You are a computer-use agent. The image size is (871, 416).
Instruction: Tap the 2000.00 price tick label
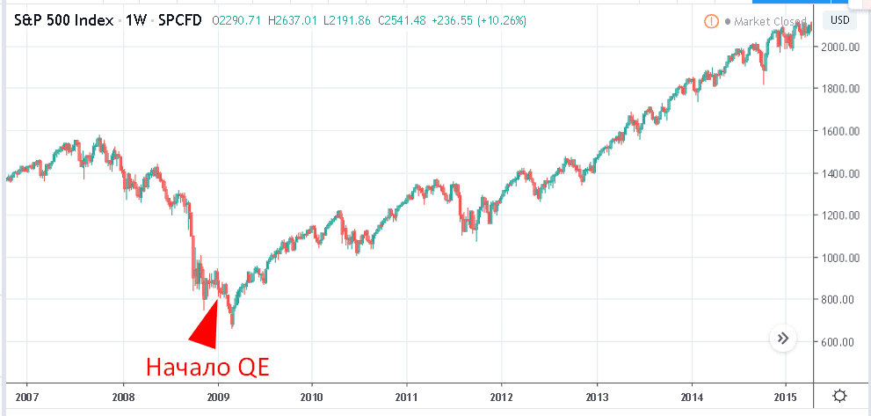coord(839,47)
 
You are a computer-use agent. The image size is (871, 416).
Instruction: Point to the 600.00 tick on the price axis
coord(839,342)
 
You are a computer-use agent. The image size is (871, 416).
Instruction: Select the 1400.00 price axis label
coord(839,173)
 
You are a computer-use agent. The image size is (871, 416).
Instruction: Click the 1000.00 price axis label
coord(839,258)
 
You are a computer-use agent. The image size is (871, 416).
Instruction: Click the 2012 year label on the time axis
coord(501,396)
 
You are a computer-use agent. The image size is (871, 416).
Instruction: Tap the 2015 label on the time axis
coord(786,396)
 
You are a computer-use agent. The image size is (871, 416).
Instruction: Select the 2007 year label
coord(27,396)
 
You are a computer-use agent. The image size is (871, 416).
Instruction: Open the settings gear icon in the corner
coord(841,396)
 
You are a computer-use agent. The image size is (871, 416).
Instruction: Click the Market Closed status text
coord(770,21)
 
